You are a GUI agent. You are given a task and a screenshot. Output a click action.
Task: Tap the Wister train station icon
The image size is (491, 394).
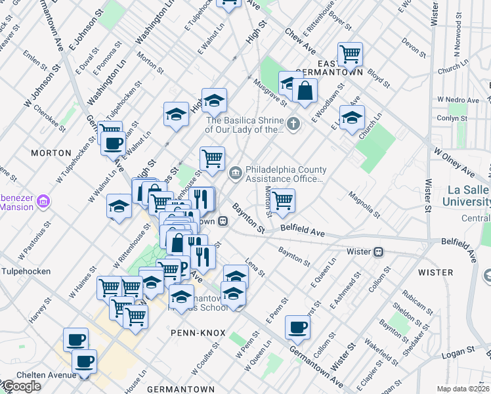coord(379,252)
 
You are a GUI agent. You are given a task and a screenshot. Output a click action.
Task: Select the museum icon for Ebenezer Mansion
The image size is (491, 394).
coord(44,200)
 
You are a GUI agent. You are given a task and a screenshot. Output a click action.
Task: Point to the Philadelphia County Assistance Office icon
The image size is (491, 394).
coord(236,174)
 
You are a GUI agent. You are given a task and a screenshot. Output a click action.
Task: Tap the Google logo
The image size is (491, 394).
coord(21,386)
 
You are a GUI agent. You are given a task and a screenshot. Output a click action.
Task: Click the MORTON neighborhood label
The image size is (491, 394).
coord(51,152)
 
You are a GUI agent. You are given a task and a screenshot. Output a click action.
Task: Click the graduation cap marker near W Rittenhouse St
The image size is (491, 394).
coord(119,207)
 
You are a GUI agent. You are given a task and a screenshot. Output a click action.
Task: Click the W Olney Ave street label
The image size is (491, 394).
coord(452,162)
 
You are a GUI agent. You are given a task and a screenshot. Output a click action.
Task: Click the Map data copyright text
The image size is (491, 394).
coord(463,389)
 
